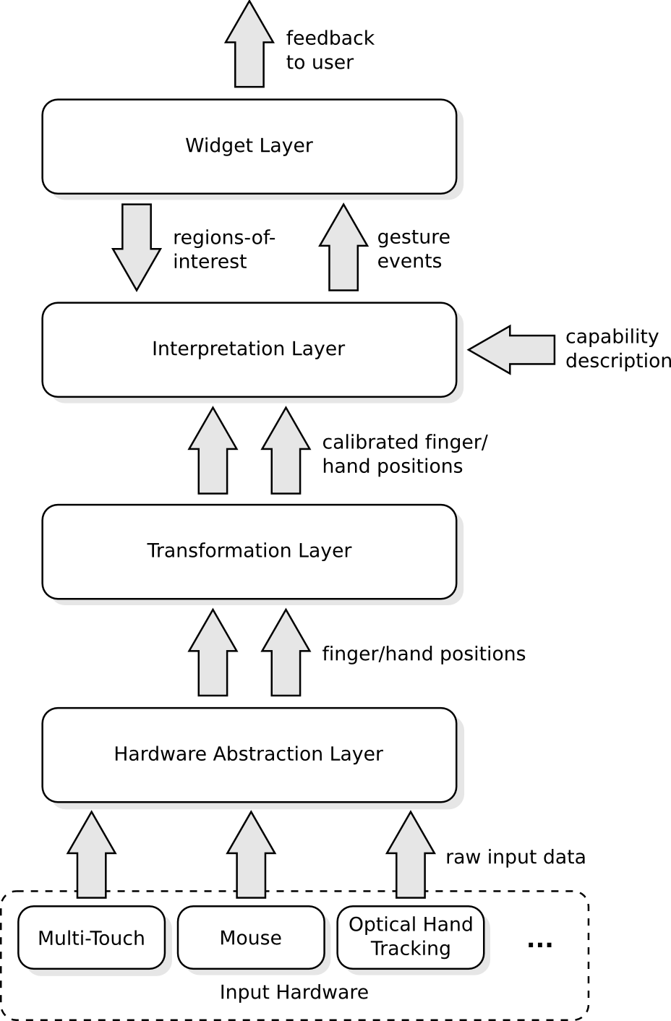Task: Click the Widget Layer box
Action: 249,146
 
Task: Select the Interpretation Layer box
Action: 249,349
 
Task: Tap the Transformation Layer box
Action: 249,551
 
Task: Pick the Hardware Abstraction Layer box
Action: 249,754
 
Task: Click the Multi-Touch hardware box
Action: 91,938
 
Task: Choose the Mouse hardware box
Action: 250,938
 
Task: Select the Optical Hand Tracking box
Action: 410,936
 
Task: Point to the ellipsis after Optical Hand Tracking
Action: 540,944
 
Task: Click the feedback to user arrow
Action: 249,47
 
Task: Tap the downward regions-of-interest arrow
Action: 137,246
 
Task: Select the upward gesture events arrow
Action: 343,249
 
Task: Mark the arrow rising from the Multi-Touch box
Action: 91,857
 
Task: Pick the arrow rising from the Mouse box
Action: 251,857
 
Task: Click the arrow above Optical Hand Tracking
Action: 410,857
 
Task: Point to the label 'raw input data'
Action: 515,858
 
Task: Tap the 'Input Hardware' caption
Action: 294,993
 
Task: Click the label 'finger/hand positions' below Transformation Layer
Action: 424,654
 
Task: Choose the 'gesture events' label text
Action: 414,249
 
